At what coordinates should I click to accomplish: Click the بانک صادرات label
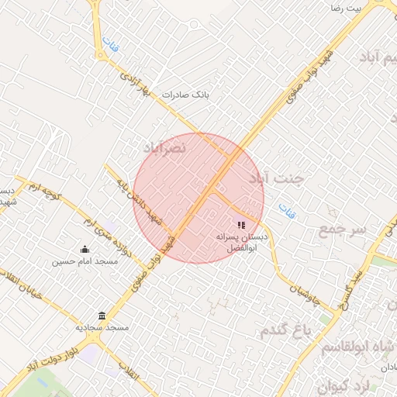click(186, 95)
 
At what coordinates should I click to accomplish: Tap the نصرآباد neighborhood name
click(164, 147)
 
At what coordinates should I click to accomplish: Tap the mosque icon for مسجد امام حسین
click(85, 249)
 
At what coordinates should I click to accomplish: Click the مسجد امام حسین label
click(85, 261)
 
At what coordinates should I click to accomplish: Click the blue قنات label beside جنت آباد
click(287, 210)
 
